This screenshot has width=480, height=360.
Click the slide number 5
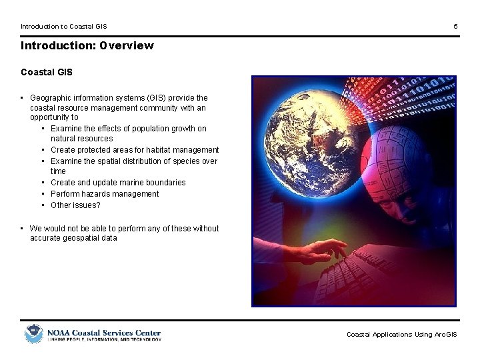coord(455,27)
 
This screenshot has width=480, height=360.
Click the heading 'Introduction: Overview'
coord(87,46)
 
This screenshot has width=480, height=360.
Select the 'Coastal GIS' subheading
coord(47,72)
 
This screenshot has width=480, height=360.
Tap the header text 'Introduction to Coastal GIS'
coord(63,27)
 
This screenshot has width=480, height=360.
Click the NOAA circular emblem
coord(33,333)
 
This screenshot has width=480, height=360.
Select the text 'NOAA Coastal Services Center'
coord(103,332)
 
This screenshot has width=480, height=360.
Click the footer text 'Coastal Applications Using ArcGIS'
coord(401,335)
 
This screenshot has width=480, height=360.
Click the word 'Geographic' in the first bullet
coord(51,98)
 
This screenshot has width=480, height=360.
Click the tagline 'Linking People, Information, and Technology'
coord(103,339)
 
